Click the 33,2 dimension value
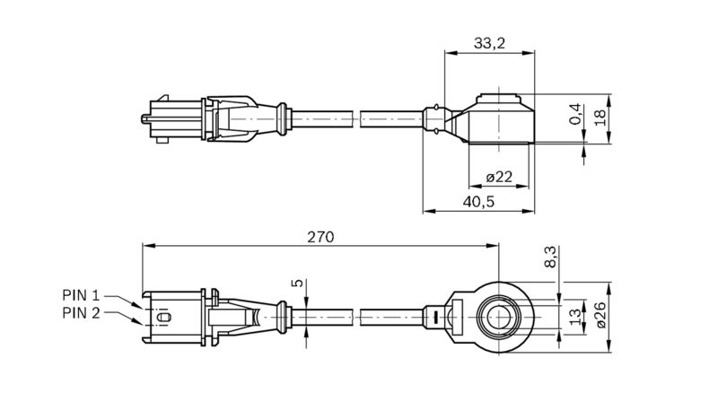point(489,43)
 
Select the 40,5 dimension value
point(478,201)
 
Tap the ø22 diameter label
point(499,177)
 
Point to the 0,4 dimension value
point(575,114)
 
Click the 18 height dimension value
point(600,118)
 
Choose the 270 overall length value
point(320,237)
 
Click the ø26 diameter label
point(600,315)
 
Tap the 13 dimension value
point(575,317)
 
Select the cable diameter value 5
point(298,283)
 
